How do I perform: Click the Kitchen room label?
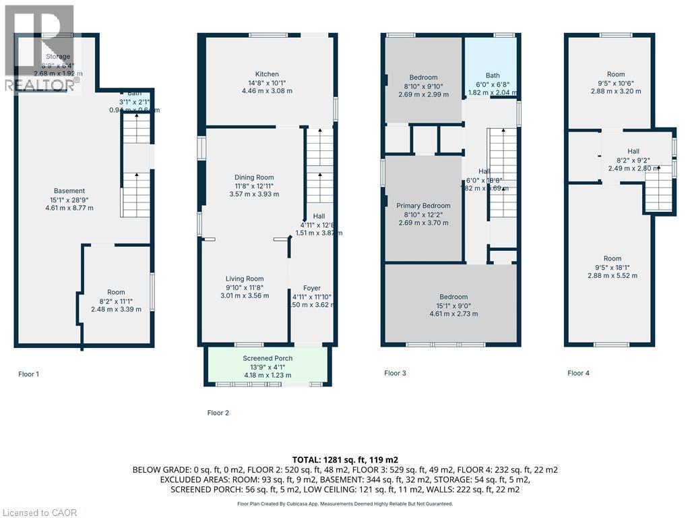click(267, 74)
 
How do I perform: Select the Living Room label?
click(244, 279)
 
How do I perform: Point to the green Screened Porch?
click(267, 366)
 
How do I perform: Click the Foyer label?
click(311, 288)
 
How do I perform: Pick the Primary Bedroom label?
click(423, 206)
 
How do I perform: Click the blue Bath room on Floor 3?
click(493, 67)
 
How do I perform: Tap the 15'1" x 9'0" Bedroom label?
click(453, 297)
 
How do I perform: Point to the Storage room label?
click(57, 57)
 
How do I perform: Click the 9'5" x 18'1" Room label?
click(613, 259)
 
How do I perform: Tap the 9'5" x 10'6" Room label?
click(615, 74)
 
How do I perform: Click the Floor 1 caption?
click(29, 373)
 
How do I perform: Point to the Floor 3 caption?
click(396, 373)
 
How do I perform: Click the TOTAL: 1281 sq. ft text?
click(344, 459)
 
